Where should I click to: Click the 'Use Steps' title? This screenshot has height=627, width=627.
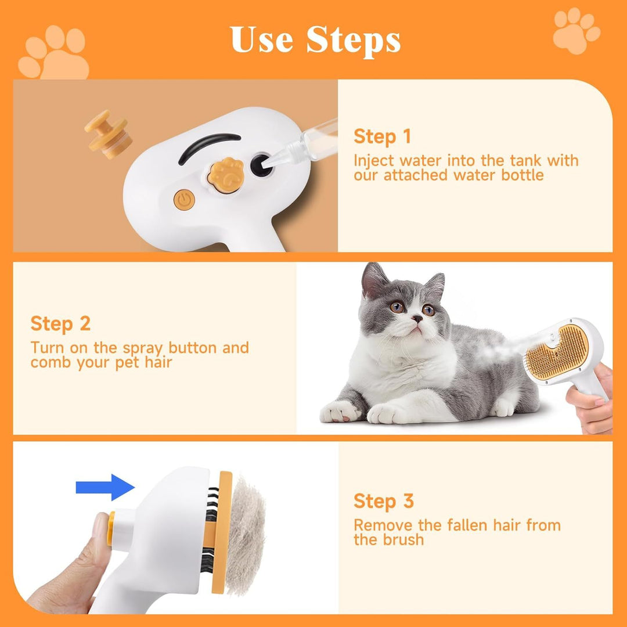click(x=315, y=39)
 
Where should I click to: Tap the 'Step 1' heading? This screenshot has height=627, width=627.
click(x=382, y=137)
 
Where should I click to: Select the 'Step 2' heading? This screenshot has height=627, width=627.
click(x=60, y=324)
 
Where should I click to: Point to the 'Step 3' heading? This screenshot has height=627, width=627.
click(x=383, y=501)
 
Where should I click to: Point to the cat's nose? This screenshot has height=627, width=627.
click(x=417, y=319)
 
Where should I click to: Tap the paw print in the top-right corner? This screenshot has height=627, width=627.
click(x=575, y=30)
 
